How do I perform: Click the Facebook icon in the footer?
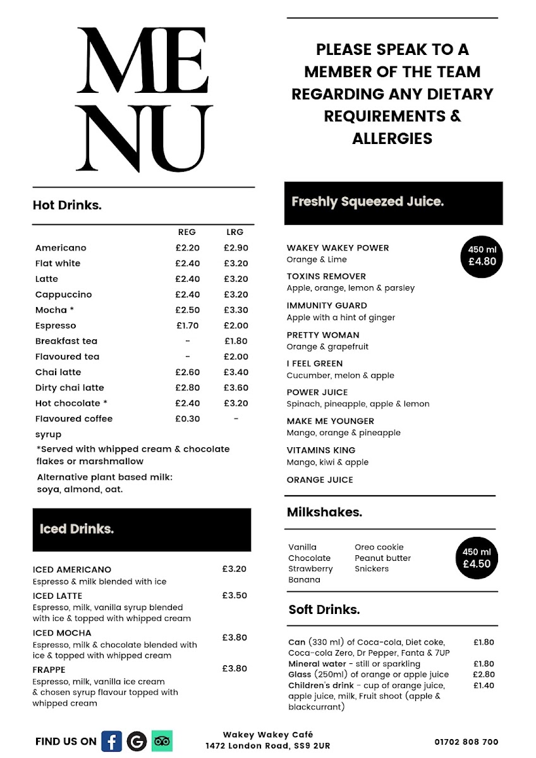(x=112, y=741)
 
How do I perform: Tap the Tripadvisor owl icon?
(x=162, y=741)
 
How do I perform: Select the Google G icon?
(x=137, y=741)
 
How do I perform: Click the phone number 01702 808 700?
(x=466, y=742)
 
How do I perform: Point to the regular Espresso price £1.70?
(x=187, y=325)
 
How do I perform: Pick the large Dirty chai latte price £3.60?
(x=236, y=387)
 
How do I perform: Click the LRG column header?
(x=234, y=232)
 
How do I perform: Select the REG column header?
(x=187, y=232)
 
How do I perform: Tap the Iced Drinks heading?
(x=76, y=529)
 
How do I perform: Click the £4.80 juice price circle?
(x=482, y=256)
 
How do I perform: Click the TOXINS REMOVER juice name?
(x=326, y=276)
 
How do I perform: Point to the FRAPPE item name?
(x=51, y=670)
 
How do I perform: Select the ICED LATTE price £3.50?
(x=234, y=595)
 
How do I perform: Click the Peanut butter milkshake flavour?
(x=382, y=558)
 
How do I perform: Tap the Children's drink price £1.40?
(x=484, y=685)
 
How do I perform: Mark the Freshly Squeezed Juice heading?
(x=367, y=202)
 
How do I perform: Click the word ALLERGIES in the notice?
(x=392, y=138)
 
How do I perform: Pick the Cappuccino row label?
(x=63, y=294)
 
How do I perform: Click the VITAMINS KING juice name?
(x=320, y=450)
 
